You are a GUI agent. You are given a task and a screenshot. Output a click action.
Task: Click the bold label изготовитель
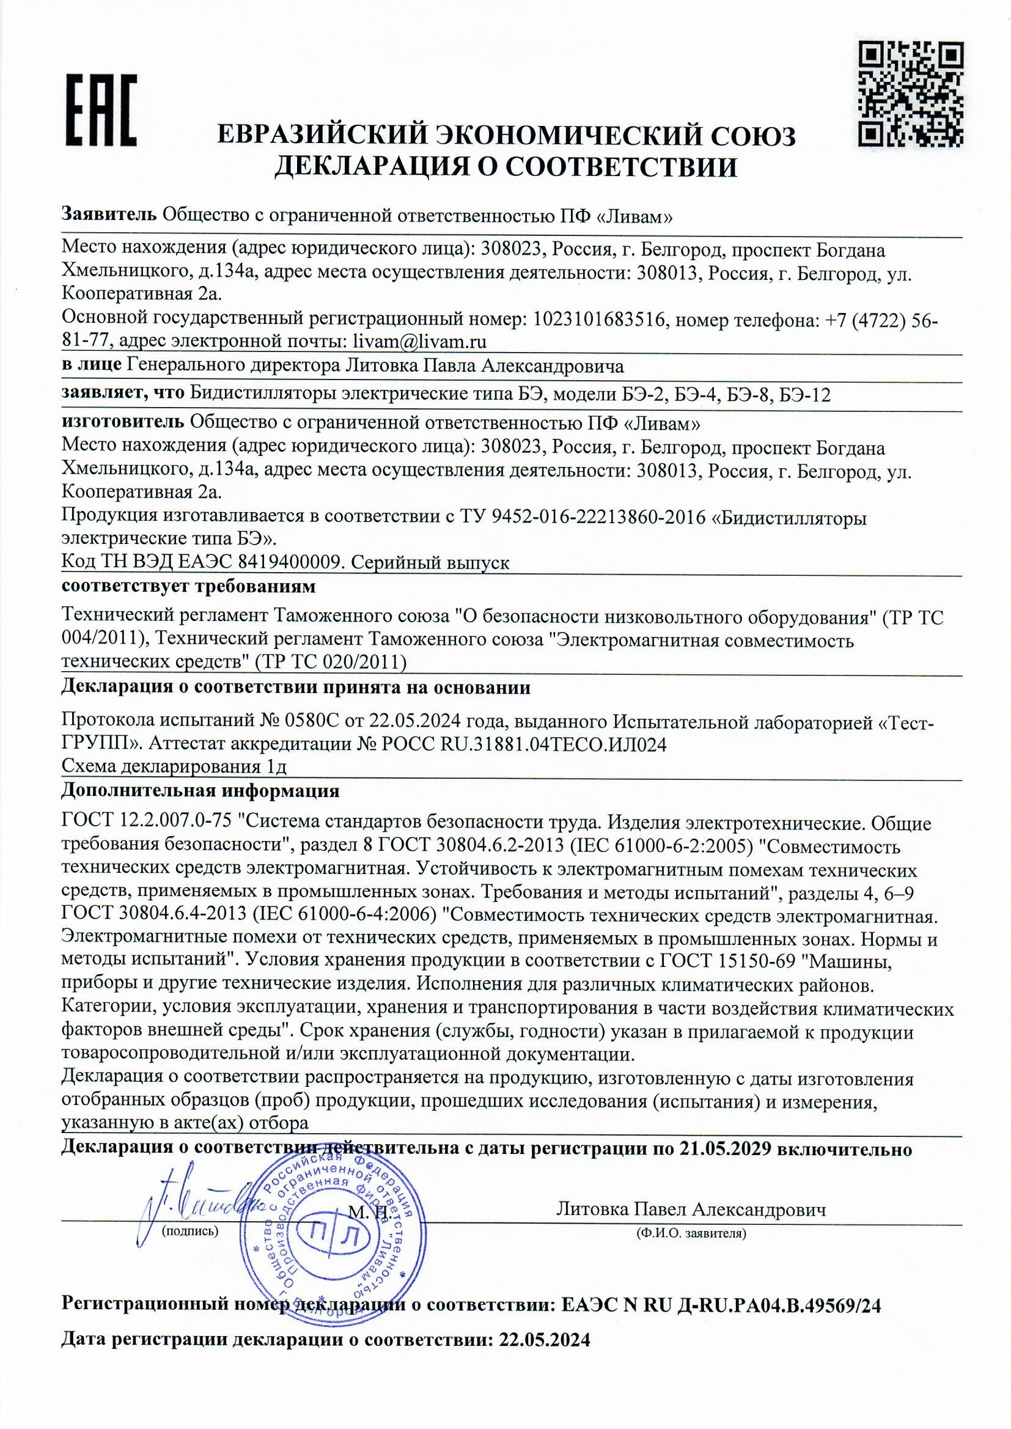[123, 422]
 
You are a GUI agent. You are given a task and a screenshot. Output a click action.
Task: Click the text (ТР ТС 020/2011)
[331, 662]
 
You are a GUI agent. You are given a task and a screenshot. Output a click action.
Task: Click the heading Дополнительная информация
[200, 791]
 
